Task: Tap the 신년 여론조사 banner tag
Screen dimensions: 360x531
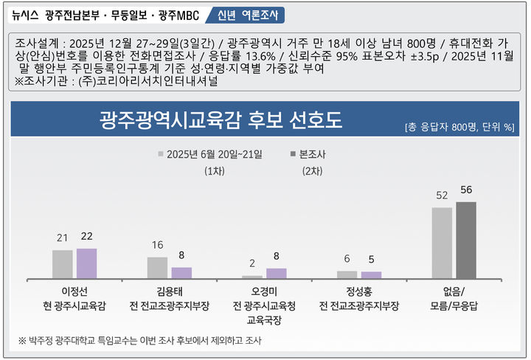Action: coord(244,15)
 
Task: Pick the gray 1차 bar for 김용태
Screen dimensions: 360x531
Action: coord(157,267)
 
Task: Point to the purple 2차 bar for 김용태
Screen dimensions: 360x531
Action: coord(181,272)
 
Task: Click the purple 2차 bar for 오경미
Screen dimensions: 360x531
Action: coord(276,272)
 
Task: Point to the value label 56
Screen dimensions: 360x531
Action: coord(466,190)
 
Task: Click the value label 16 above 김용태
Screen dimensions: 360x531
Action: coord(157,245)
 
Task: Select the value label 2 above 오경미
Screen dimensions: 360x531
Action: coord(252,263)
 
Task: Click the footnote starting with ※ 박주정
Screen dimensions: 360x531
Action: coord(139,340)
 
